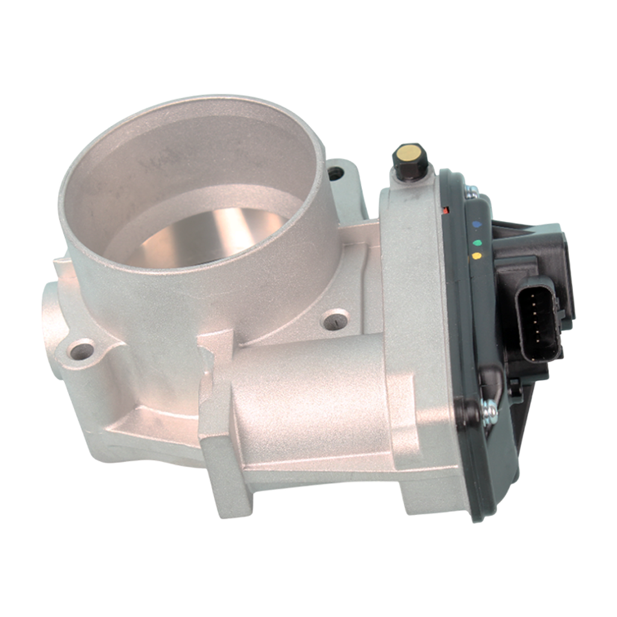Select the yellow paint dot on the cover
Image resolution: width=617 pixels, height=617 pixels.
click(477, 256)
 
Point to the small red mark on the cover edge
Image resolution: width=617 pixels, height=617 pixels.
click(445, 210)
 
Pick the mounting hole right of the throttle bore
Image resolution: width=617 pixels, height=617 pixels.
click(333, 319)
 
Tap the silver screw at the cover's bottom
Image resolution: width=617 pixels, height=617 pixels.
click(490, 411)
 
